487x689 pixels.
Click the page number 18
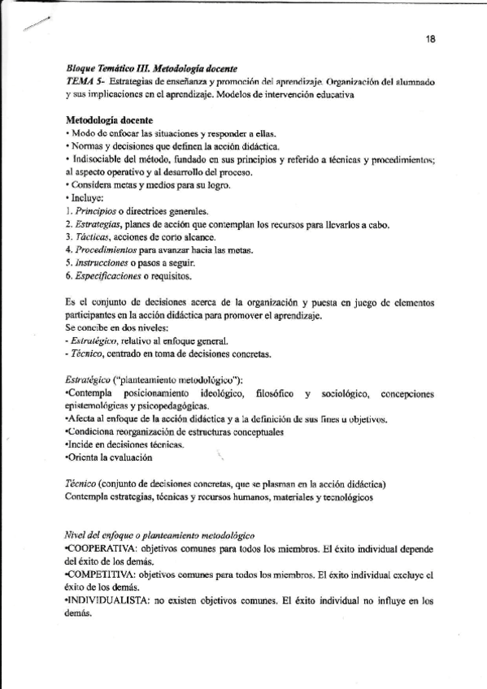click(x=431, y=38)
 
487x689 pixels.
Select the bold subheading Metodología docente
click(x=109, y=121)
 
